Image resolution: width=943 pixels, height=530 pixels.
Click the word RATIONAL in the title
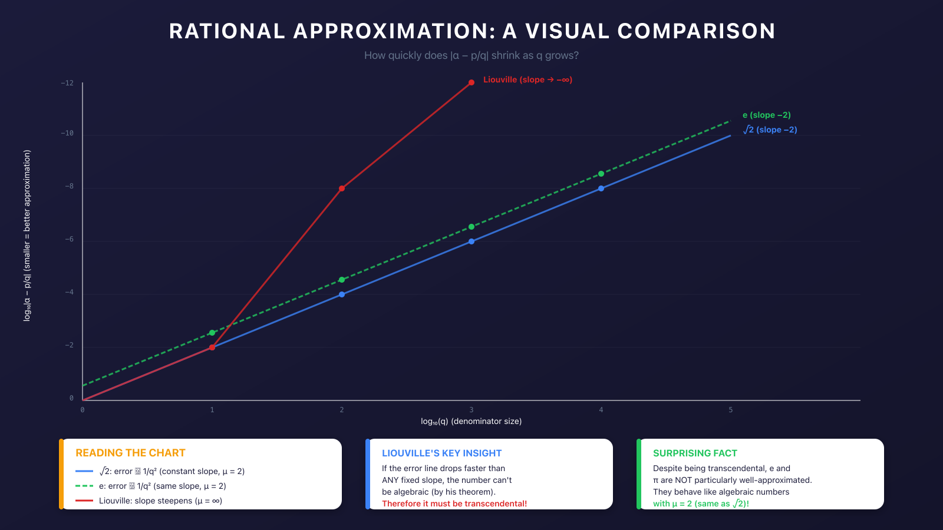(227, 31)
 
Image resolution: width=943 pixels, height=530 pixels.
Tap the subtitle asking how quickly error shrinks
(471, 55)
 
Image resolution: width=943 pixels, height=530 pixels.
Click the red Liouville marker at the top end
(471, 82)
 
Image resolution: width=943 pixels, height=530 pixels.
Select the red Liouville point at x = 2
(342, 188)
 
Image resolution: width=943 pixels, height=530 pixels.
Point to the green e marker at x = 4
(601, 174)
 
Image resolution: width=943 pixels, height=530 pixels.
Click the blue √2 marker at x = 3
(471, 241)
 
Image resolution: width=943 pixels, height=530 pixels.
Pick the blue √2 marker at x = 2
(342, 294)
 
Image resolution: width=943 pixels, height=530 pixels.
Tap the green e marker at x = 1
(212, 333)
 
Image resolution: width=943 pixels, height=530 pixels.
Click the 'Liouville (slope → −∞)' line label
(527, 79)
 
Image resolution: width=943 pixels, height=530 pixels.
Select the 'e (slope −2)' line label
(766, 115)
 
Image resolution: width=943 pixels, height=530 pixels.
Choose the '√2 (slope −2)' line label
(770, 130)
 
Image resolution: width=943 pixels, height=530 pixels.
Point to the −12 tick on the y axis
(67, 83)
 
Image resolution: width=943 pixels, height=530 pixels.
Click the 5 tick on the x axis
(731, 410)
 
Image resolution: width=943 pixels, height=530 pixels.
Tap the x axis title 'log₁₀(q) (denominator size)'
(471, 421)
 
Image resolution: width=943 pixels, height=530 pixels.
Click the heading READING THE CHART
(130, 453)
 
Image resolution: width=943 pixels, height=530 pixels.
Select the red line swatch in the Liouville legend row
(84, 501)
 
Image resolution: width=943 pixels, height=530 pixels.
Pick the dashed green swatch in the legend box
(84, 486)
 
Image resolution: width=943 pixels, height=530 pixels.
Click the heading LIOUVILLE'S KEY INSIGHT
(441, 453)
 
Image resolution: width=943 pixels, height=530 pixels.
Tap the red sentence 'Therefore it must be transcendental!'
(454, 503)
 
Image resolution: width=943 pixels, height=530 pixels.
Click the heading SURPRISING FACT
(695, 453)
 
